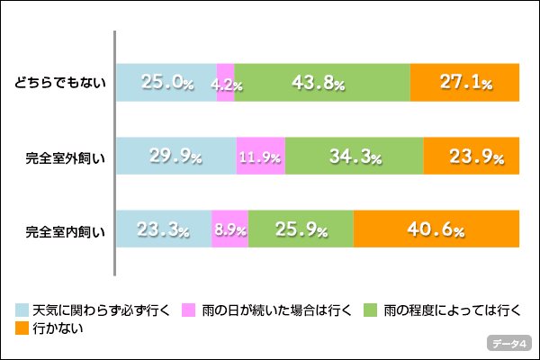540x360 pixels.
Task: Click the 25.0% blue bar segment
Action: coord(166,83)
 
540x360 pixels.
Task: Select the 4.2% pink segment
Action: coord(225,83)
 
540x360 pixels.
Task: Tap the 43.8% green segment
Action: coord(321,83)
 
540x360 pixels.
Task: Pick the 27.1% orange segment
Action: coord(464,83)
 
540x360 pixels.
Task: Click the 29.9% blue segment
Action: coord(175,156)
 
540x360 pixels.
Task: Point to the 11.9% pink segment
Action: coord(260,156)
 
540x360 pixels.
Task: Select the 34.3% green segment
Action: coord(354,156)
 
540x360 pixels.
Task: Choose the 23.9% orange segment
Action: coord(471,156)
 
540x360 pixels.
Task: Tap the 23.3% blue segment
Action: coord(164,229)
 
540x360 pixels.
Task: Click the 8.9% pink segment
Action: coord(229,229)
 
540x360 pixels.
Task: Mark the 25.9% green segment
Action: coord(301,229)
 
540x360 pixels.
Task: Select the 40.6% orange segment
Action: coord(436,229)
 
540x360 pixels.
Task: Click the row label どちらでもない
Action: coord(60,84)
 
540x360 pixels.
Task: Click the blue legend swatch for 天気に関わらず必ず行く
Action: coord(22,310)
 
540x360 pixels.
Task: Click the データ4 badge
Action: coord(510,343)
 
